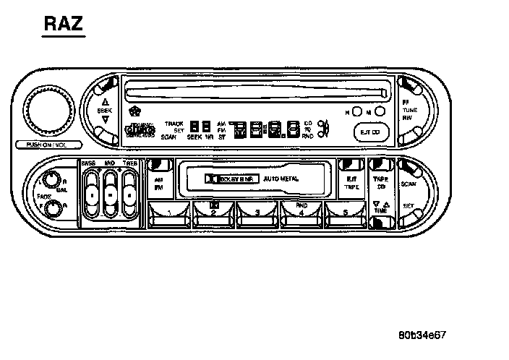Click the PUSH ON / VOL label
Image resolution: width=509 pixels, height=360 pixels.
[x=46, y=145]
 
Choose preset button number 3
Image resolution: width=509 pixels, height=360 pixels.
[x=258, y=213]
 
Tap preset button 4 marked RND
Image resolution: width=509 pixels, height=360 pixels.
[x=302, y=212]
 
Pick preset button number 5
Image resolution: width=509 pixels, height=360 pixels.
[x=346, y=213]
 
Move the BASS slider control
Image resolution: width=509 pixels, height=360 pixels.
[x=91, y=194]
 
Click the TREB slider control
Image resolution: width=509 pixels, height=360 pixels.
[x=129, y=194]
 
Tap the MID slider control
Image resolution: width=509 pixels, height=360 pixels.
[x=110, y=194]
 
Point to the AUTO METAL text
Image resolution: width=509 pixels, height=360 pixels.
[x=281, y=177]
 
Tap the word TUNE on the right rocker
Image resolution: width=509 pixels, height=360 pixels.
[x=410, y=110]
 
